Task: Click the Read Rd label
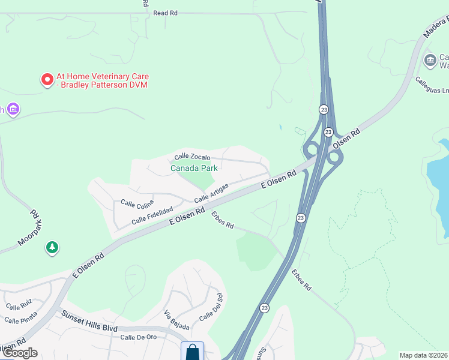tap(166, 13)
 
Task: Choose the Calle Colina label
tap(137, 205)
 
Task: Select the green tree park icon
tap(53, 247)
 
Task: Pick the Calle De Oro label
tap(138, 338)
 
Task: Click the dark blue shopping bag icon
tap(193, 351)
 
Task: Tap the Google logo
tap(19, 353)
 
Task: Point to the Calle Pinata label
tap(21, 317)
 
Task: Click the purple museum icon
tap(13, 109)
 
